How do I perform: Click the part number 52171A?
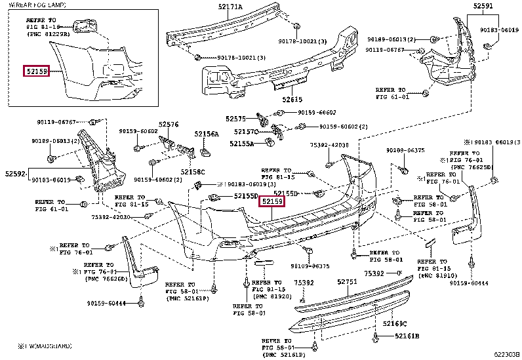(x=230, y=7)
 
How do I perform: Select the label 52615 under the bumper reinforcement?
(x=292, y=100)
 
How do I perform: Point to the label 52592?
(x=15, y=174)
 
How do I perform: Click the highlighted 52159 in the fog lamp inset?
(x=37, y=70)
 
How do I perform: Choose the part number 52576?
(x=168, y=124)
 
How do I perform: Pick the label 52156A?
(x=206, y=134)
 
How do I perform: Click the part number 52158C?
(x=193, y=172)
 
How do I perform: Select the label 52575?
(x=235, y=119)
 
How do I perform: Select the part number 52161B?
(x=407, y=336)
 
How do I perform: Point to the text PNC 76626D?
(x=106, y=278)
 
